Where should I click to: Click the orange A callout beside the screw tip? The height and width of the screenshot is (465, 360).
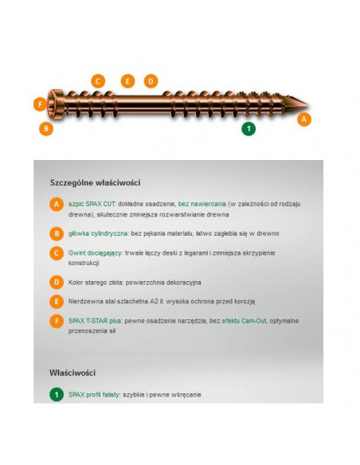304,119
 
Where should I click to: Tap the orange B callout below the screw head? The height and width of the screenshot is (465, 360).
46,129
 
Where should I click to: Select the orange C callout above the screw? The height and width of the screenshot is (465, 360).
98,81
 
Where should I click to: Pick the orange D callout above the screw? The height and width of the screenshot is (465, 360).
151,81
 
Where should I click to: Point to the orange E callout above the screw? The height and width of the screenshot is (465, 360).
127,81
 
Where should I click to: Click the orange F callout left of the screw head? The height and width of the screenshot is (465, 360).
41,104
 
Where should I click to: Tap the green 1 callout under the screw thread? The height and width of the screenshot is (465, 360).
248,129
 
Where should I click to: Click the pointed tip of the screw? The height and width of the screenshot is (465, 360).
307,105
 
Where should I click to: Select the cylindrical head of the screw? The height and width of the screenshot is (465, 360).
55,104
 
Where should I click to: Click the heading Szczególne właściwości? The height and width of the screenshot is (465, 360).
96,182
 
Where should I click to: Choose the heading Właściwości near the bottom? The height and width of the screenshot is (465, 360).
72,373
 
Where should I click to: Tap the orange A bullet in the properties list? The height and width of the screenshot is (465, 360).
57,205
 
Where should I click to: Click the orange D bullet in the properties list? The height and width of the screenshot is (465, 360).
57,283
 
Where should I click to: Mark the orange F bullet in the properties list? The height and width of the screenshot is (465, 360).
57,321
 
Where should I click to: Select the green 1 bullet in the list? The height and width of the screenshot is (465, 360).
57,395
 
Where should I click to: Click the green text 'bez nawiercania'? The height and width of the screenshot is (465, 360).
202,204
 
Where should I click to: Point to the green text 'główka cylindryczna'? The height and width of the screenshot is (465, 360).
99,233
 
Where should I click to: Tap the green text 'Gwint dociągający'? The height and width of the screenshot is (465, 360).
96,253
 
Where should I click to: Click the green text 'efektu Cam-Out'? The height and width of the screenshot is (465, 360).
244,321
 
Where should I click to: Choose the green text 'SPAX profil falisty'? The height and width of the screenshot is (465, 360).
94,395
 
